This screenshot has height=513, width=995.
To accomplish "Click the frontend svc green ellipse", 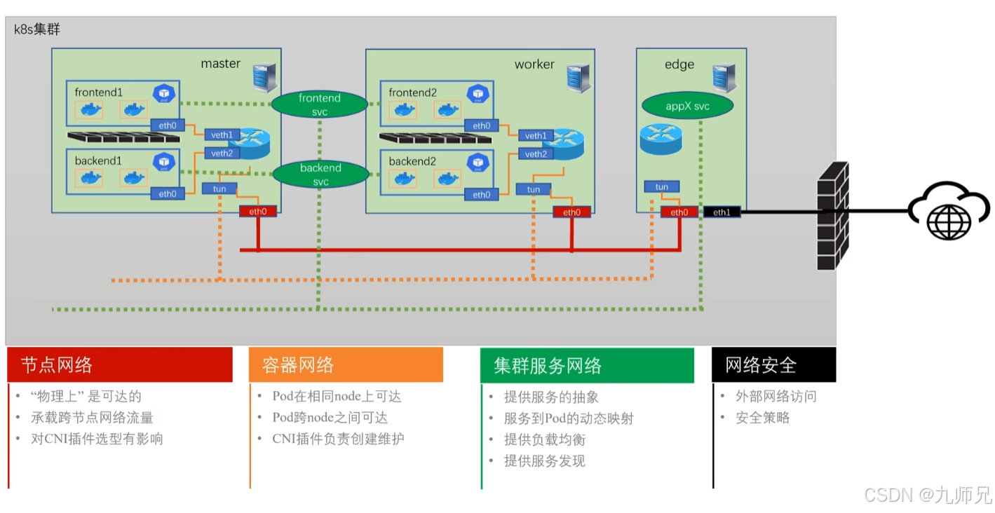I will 319,104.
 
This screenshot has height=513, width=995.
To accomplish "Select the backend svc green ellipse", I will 320,175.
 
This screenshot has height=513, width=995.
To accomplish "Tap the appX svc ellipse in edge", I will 687,107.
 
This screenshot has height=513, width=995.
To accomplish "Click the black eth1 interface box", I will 721,212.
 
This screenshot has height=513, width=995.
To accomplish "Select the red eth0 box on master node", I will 257,212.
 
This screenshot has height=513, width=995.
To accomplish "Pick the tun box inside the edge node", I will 661,187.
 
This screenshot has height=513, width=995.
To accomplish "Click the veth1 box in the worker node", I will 536,135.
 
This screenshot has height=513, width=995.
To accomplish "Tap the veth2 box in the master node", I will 222,153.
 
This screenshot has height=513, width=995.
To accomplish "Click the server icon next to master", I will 264,78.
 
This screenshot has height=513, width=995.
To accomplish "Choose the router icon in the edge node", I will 661,139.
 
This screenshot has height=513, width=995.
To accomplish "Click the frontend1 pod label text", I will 99,93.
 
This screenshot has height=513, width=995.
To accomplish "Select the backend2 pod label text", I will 412,161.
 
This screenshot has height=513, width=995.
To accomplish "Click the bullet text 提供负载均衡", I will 544,439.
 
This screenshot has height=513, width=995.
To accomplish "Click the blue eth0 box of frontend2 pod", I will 481,126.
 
